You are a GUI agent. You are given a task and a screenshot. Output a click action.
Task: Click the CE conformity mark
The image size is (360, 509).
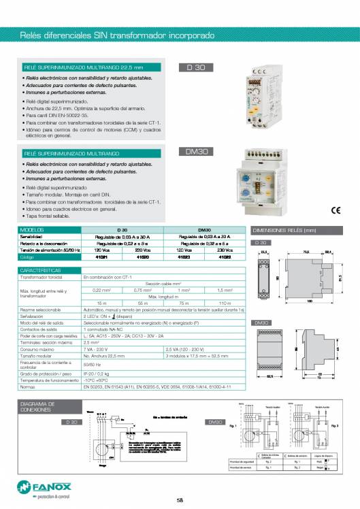pyautogui.click(x=336, y=210)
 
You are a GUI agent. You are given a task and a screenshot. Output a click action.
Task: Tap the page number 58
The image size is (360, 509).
pyautogui.click(x=180, y=500)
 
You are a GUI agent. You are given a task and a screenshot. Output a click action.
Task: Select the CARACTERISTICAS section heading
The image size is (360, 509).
pyautogui.click(x=42, y=269)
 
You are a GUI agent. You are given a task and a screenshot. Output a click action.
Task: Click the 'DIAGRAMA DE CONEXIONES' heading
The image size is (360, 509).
pyautogui.click(x=37, y=407)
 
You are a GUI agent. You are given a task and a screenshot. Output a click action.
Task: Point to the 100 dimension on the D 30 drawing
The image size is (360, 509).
pyautogui.click(x=309, y=300)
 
